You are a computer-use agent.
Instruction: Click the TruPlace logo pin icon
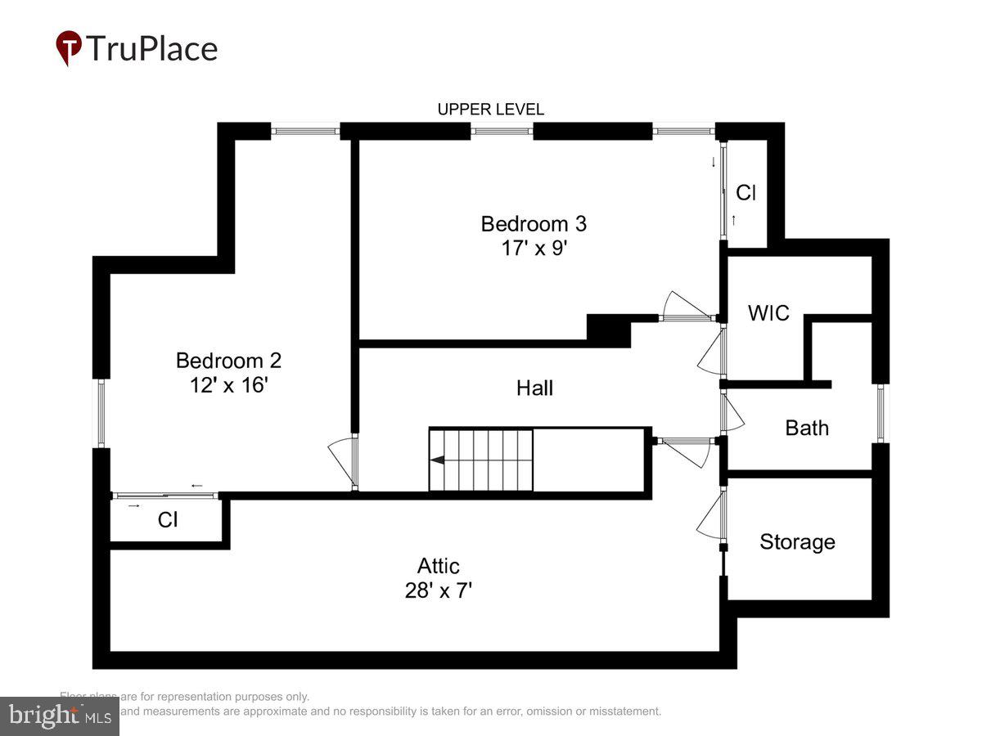pyautogui.click(x=69, y=47)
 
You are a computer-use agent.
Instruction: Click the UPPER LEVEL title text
pyautogui.click(x=490, y=110)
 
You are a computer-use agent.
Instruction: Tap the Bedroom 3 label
pyautogui.click(x=534, y=223)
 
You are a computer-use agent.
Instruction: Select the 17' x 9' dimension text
pyautogui.click(x=534, y=248)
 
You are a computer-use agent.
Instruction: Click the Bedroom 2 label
pyautogui.click(x=228, y=360)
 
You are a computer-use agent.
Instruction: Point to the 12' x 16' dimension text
pyautogui.click(x=228, y=384)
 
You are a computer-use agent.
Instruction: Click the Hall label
pyautogui.click(x=534, y=388)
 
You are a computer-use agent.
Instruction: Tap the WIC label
pyautogui.click(x=768, y=312)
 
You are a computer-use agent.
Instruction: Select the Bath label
pyautogui.click(x=807, y=428)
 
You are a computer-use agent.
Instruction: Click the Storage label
pyautogui.click(x=797, y=541)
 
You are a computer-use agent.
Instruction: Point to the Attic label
pyautogui.click(x=439, y=566)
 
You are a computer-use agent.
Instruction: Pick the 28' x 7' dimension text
pyautogui.click(x=439, y=590)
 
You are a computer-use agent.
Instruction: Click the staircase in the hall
pyautogui.click(x=481, y=460)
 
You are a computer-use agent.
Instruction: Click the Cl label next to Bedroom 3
pyautogui.click(x=746, y=193)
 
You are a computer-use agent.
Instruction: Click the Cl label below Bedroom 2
pyautogui.click(x=168, y=520)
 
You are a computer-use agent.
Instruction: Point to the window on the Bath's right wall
pyautogui.click(x=881, y=413)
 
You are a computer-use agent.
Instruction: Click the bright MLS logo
pyautogui.click(x=59, y=716)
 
